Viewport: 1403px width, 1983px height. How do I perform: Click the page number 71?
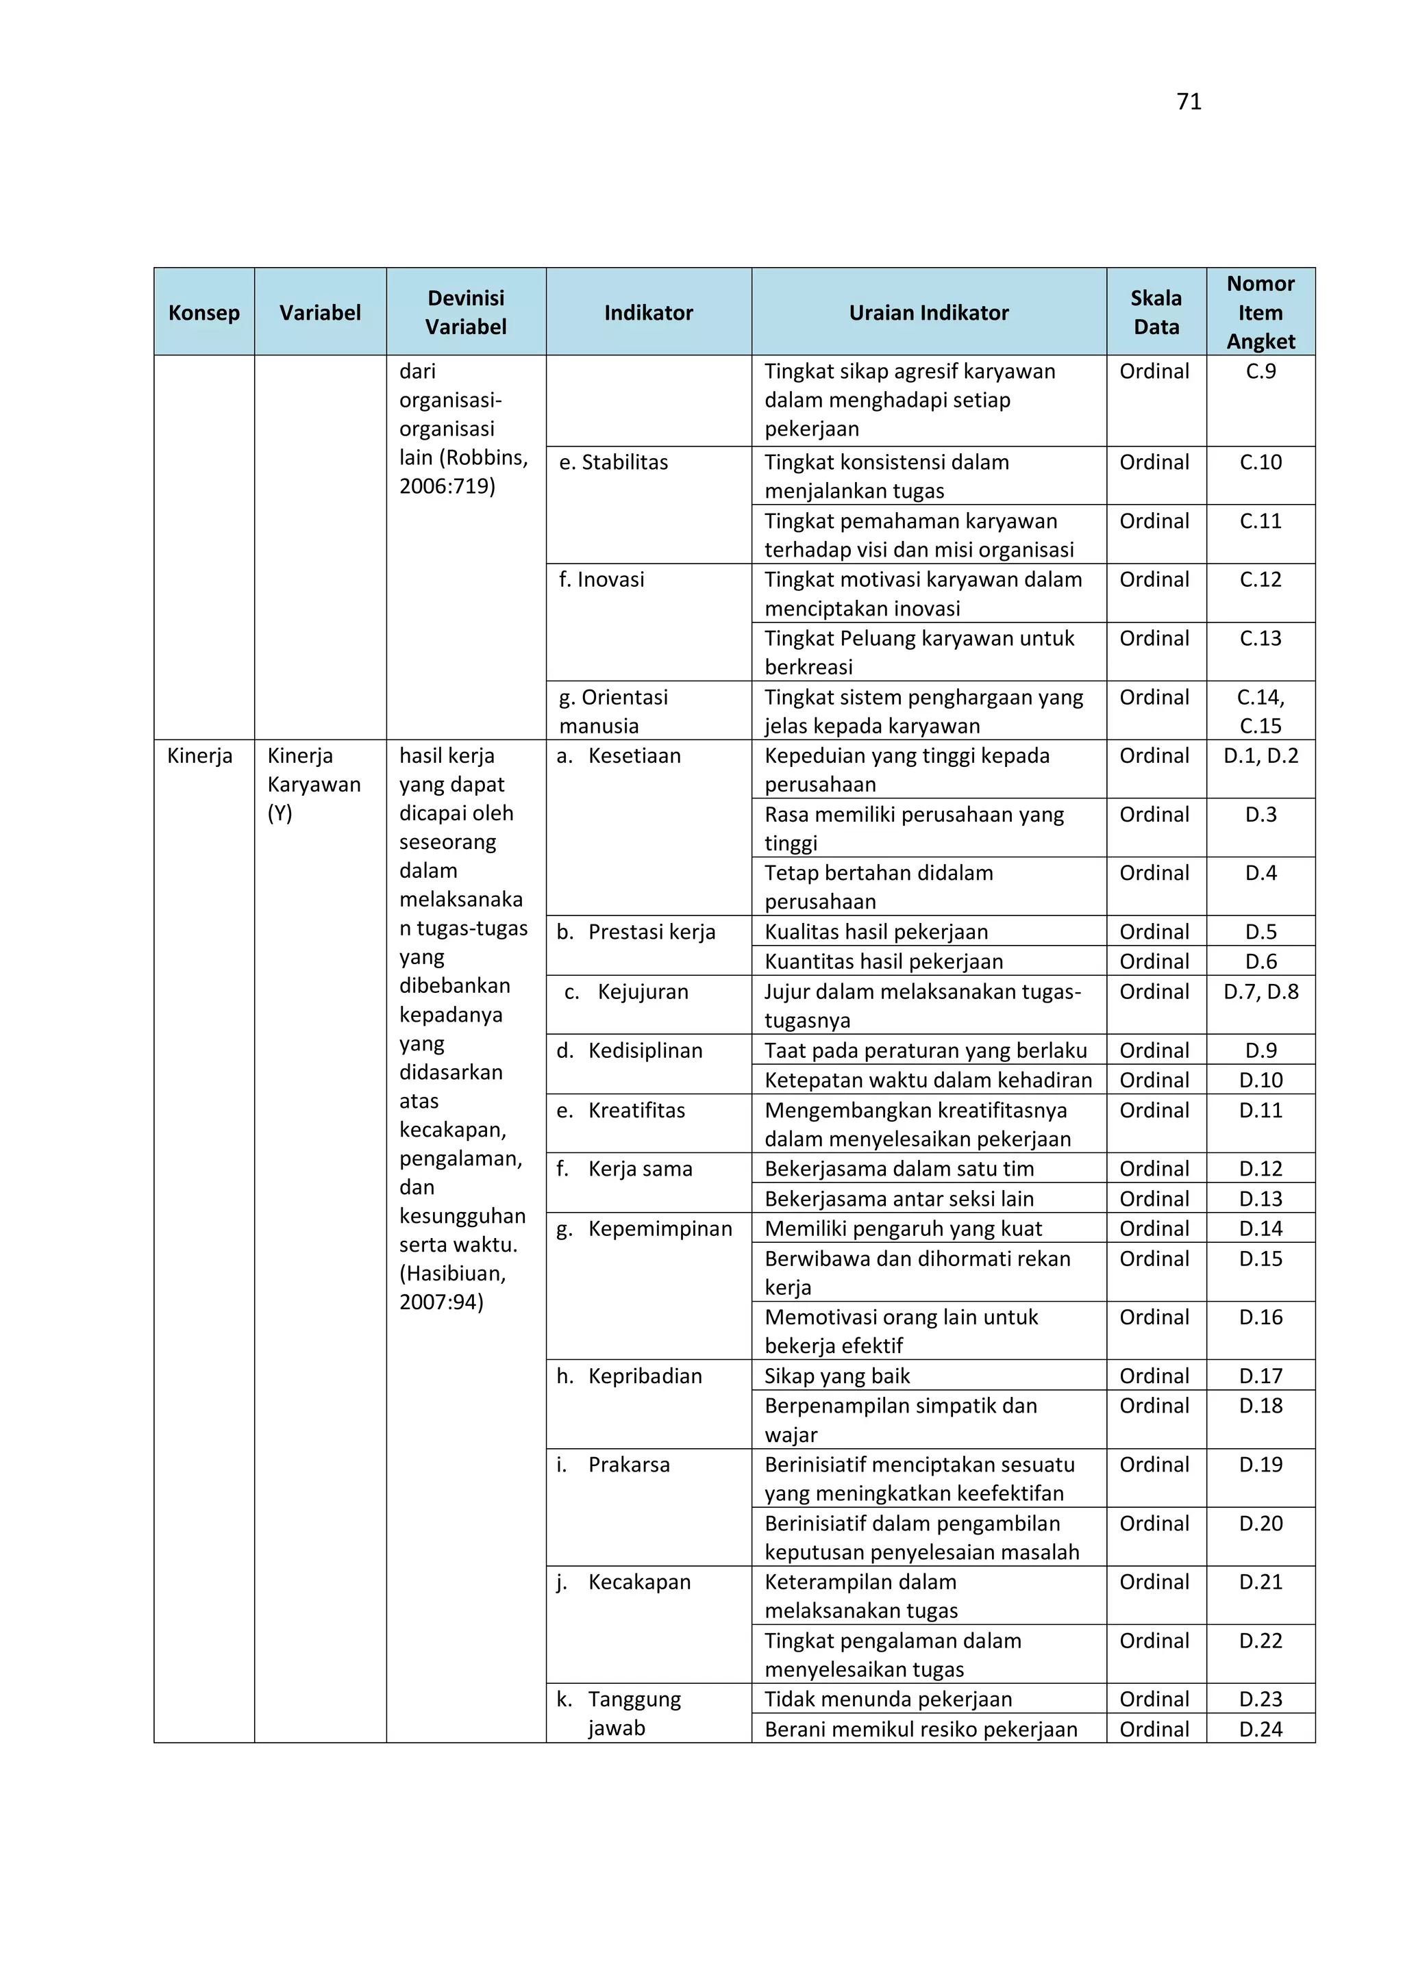click(1189, 102)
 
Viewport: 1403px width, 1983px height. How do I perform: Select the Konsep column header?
click(204, 313)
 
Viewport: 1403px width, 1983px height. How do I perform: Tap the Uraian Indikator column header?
click(929, 313)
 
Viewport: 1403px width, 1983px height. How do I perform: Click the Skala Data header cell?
click(1156, 313)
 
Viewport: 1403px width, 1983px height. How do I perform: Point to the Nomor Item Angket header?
click(1261, 313)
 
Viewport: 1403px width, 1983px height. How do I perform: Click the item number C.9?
click(1261, 371)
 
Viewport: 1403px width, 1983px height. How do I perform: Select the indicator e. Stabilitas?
click(613, 463)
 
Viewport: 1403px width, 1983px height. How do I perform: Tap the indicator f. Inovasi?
click(601, 579)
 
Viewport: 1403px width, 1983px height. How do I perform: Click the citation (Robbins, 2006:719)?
click(463, 472)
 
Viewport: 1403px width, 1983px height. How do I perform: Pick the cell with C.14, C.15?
click(1261, 711)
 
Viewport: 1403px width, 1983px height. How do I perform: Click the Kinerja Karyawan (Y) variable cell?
click(314, 784)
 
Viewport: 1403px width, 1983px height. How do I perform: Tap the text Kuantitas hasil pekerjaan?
click(883, 961)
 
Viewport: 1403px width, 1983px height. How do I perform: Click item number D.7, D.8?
click(1261, 991)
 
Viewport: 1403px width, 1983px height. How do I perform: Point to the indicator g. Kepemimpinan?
click(645, 1228)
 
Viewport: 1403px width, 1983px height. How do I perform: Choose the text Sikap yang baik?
click(836, 1376)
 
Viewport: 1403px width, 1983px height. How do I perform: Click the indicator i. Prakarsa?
click(613, 1465)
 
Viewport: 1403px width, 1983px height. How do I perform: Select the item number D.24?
click(1261, 1729)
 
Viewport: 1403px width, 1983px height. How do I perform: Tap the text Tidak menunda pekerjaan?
click(887, 1699)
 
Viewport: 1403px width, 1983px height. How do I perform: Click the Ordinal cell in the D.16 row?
click(1154, 1317)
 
